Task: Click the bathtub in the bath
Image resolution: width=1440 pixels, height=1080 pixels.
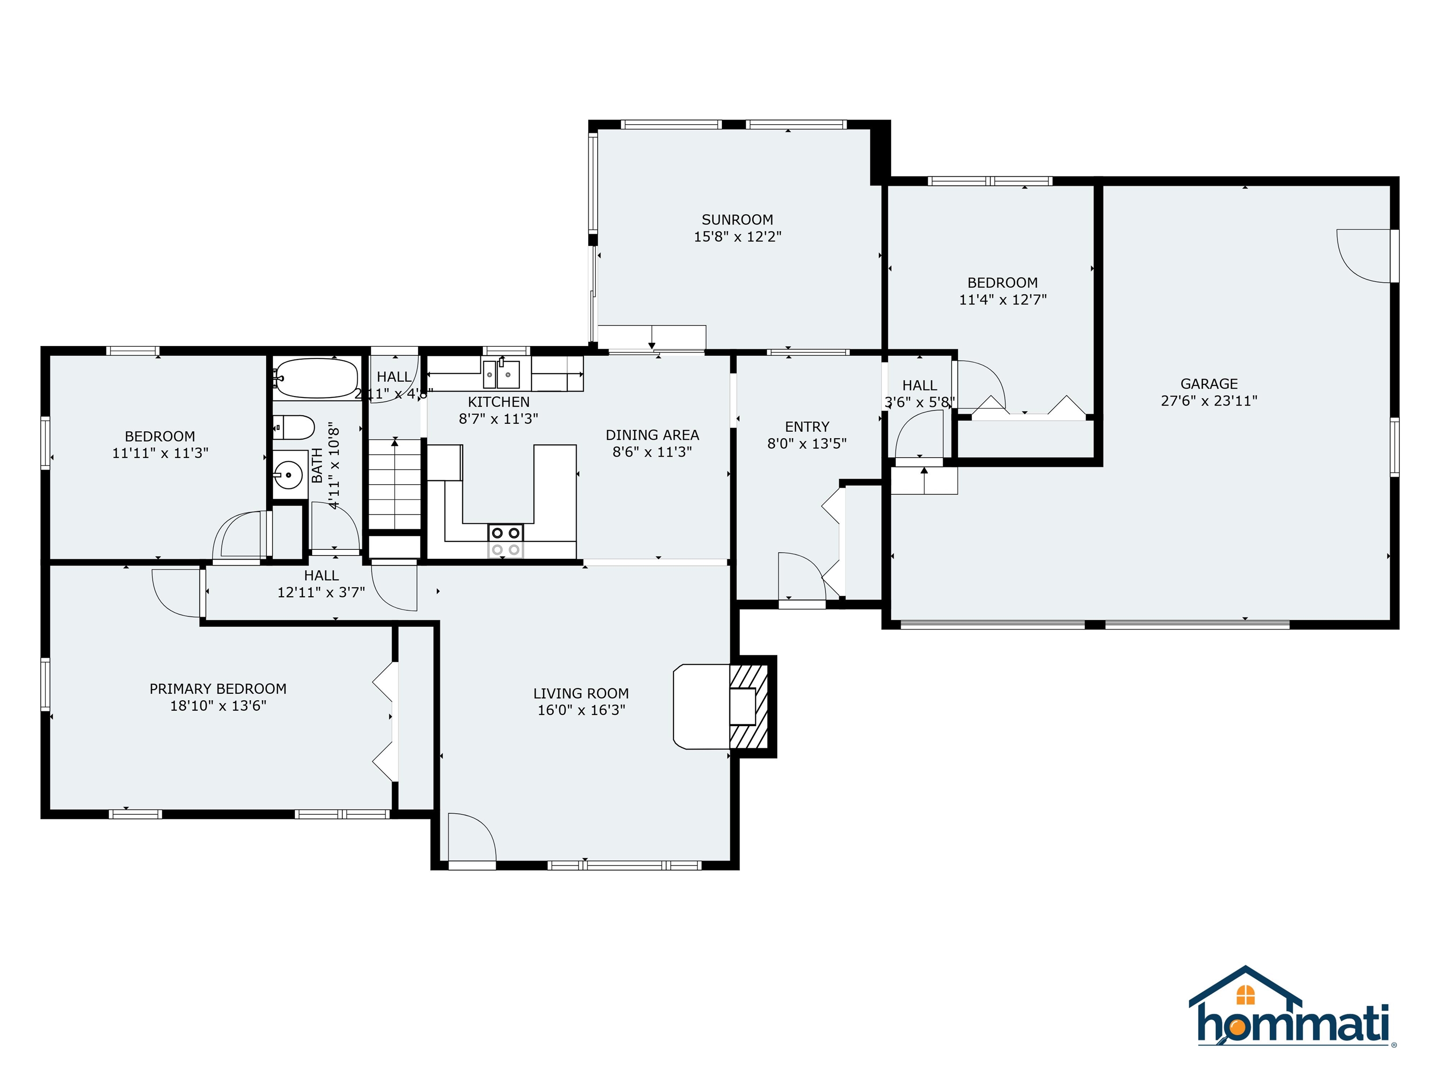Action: (316, 378)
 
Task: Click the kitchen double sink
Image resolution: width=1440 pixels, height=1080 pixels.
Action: (501, 375)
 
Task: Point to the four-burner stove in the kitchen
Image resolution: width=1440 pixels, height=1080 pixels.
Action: (506, 541)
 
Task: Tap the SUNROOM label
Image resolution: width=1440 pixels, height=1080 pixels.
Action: (737, 220)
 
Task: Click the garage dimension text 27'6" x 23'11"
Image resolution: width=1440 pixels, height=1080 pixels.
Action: (1209, 401)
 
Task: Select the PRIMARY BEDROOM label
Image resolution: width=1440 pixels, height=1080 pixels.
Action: (217, 689)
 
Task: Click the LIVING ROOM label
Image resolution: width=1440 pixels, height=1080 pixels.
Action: (581, 693)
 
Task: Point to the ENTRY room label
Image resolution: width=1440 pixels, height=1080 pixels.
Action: (807, 427)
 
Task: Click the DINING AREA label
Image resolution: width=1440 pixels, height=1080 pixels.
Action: (652, 435)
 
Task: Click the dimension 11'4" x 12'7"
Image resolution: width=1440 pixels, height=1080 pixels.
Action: (1003, 300)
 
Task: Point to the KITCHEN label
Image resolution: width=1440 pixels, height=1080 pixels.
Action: (499, 402)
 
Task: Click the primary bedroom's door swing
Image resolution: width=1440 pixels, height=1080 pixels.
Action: (176, 592)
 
